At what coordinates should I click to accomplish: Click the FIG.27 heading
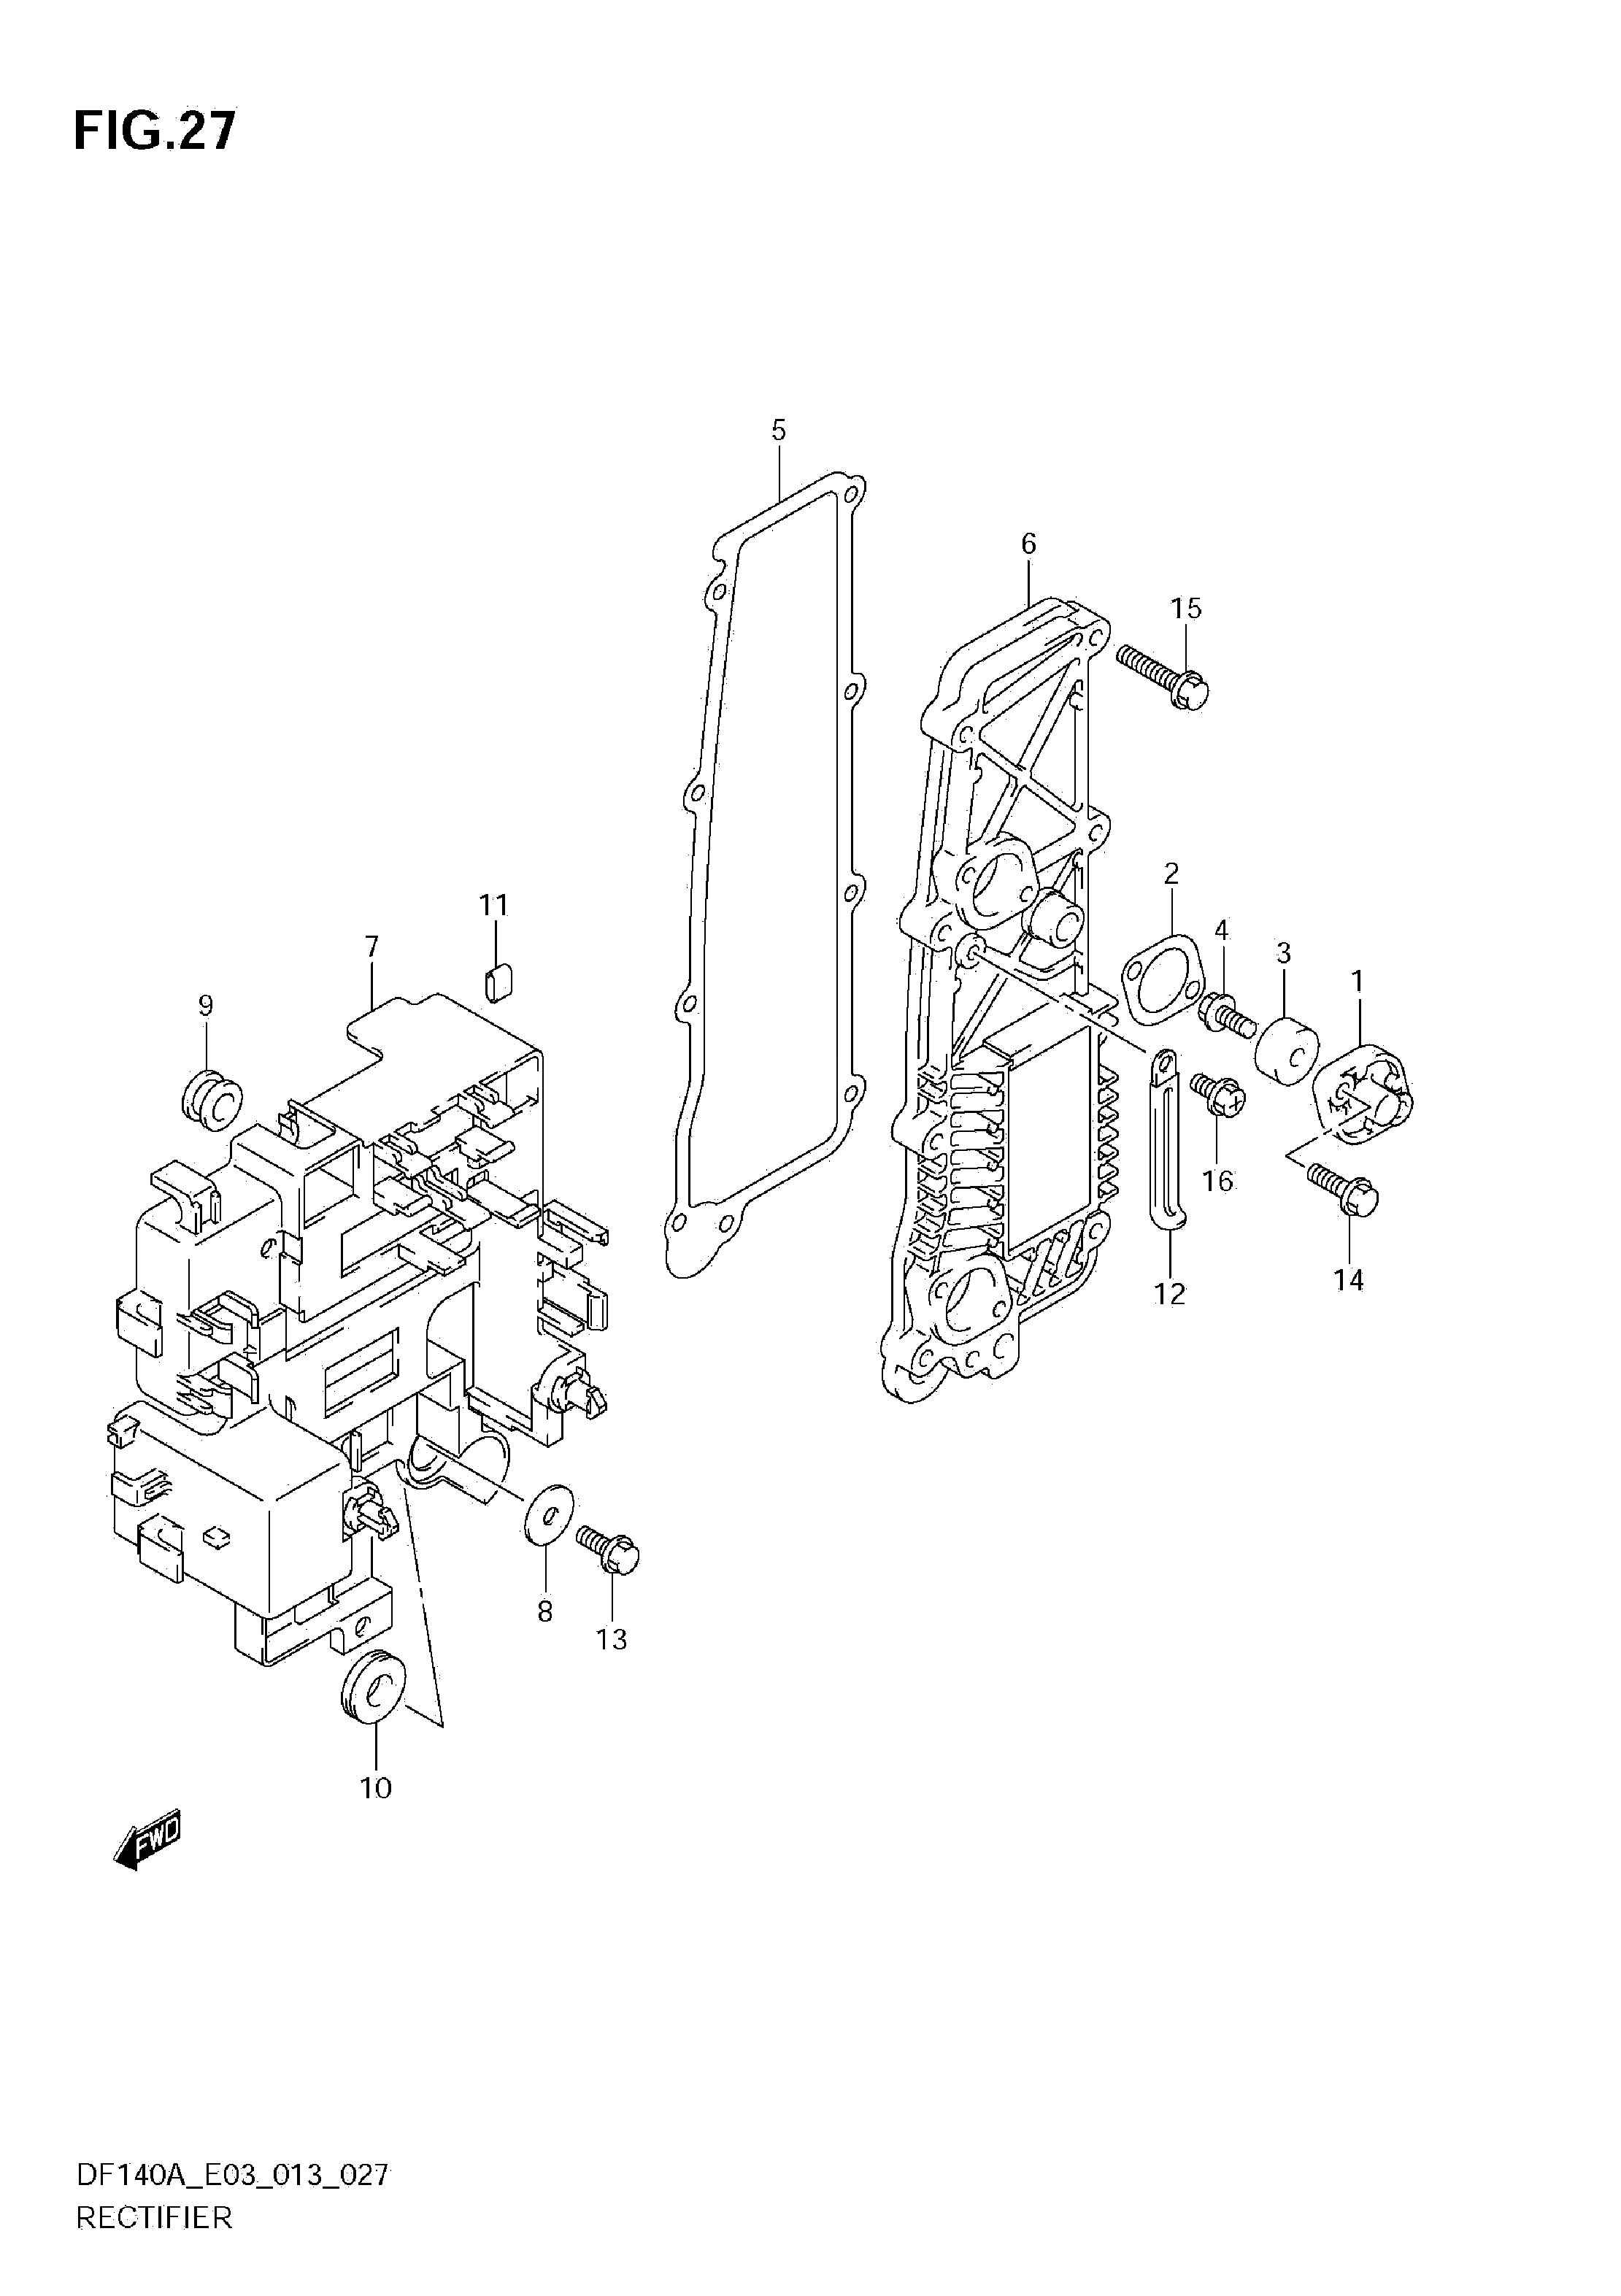pyautogui.click(x=155, y=131)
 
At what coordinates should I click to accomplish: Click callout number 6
pyautogui.click(x=1029, y=543)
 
